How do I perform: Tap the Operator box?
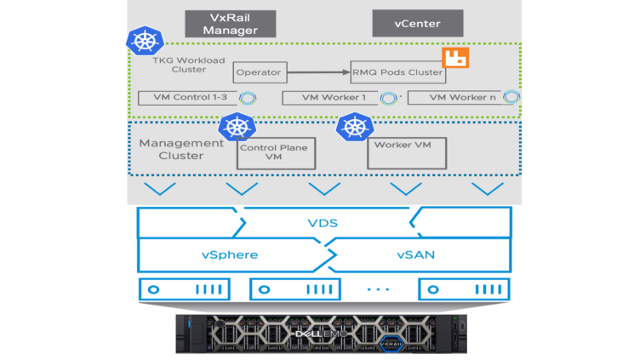point(258,72)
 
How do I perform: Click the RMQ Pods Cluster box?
point(397,72)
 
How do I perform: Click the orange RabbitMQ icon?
point(457,58)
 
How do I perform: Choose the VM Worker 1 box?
point(332,98)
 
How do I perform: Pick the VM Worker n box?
point(458,98)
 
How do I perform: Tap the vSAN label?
point(418,254)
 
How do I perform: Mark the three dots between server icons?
point(378,289)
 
